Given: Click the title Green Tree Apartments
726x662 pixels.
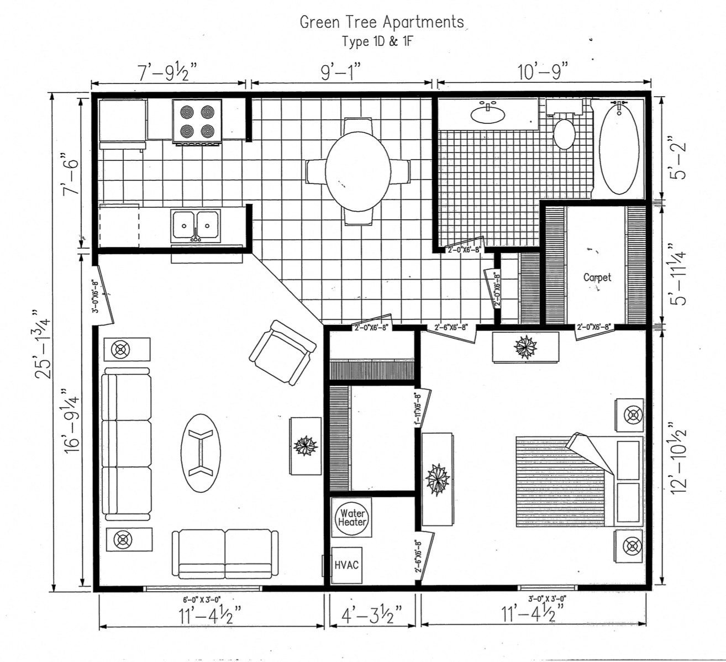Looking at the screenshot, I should click(382, 22).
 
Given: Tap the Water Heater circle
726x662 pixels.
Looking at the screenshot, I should click(352, 518).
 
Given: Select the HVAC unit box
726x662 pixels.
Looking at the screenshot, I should click(347, 565).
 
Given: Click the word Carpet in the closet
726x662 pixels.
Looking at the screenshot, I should click(597, 277).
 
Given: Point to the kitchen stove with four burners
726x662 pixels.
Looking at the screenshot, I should click(197, 121).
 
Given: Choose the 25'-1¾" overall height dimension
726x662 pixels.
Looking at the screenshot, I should click(43, 343).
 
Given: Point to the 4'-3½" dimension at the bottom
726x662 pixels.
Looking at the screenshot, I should click(371, 614).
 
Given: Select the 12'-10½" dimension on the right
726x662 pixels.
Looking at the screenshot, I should click(678, 457).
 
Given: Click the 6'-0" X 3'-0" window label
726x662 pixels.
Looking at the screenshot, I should click(202, 599).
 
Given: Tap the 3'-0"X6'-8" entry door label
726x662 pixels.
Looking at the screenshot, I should click(96, 297).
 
